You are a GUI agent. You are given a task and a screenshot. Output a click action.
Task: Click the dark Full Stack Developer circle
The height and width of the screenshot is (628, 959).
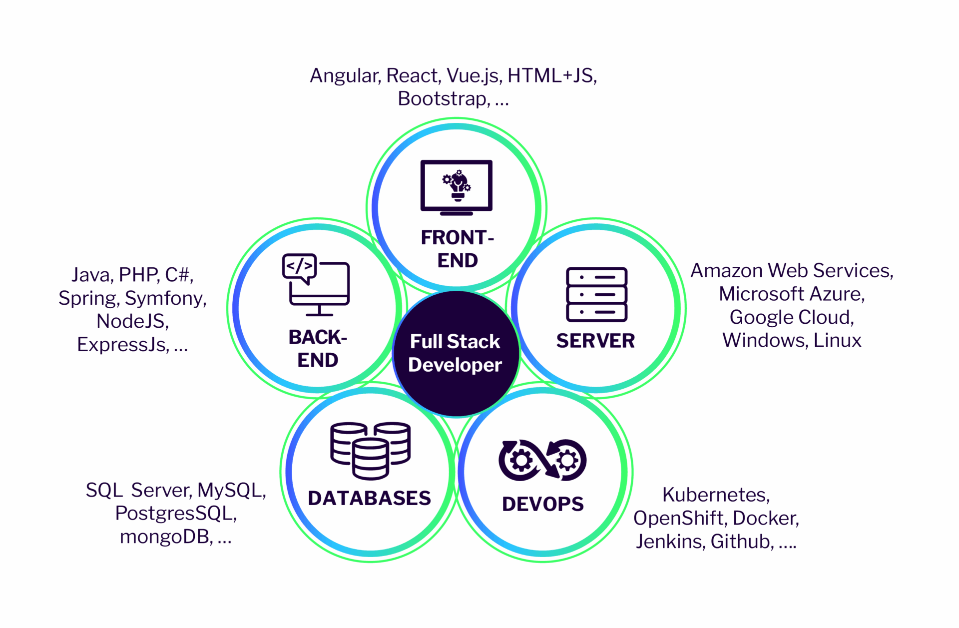pyautogui.click(x=456, y=354)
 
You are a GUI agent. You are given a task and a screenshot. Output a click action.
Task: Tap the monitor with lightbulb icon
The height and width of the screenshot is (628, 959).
pyautogui.click(x=457, y=187)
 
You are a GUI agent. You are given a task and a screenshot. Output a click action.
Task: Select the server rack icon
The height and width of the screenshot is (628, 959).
pyautogui.click(x=596, y=295)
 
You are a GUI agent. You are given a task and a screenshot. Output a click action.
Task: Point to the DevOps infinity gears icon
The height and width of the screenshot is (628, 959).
pyautogui.click(x=542, y=460)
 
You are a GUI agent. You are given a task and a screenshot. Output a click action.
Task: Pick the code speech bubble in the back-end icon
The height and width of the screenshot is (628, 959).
pyautogui.click(x=299, y=267)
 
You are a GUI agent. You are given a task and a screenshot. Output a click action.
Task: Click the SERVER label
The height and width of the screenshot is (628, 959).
pyautogui.click(x=595, y=341)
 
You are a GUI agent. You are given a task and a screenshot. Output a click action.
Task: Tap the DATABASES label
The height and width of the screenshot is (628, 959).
pyautogui.click(x=369, y=498)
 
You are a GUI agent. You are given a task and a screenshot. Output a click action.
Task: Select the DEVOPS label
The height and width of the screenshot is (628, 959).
pyautogui.click(x=543, y=504)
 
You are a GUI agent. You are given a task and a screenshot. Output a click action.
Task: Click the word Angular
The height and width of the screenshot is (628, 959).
pyautogui.click(x=344, y=76)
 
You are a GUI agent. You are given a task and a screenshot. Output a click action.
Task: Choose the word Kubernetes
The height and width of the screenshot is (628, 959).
pyautogui.click(x=716, y=495)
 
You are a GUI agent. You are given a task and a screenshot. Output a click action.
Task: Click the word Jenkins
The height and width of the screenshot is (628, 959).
pyautogui.click(x=669, y=542)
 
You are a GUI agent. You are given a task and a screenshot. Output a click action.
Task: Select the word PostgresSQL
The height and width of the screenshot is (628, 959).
pyautogui.click(x=175, y=514)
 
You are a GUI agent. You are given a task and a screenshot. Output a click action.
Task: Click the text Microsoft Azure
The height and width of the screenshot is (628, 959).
pyautogui.click(x=791, y=294)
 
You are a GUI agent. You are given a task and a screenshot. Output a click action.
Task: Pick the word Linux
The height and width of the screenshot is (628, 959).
pyautogui.click(x=837, y=341)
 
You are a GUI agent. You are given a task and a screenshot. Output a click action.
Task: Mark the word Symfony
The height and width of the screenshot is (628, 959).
pyautogui.click(x=165, y=298)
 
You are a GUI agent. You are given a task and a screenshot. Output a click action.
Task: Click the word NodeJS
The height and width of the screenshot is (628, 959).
pyautogui.click(x=132, y=321)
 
